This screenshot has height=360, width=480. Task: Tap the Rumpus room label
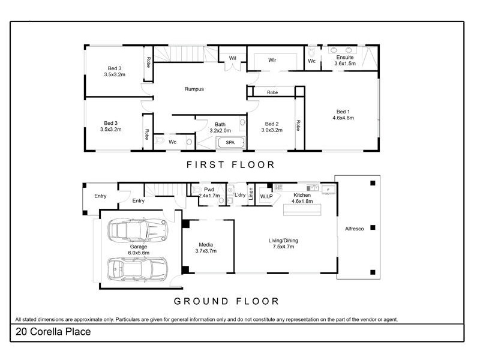tap(194, 89)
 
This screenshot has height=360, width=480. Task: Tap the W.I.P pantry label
tap(266, 196)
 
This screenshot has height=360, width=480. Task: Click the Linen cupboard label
tap(251, 194)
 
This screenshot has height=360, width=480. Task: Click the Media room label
tap(206, 244)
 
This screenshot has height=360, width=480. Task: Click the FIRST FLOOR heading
tap(230, 164)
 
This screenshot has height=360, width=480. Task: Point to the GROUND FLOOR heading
tap(226, 301)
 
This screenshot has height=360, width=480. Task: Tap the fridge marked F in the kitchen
tap(328, 190)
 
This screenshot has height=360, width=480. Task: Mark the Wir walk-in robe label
tap(272, 61)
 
